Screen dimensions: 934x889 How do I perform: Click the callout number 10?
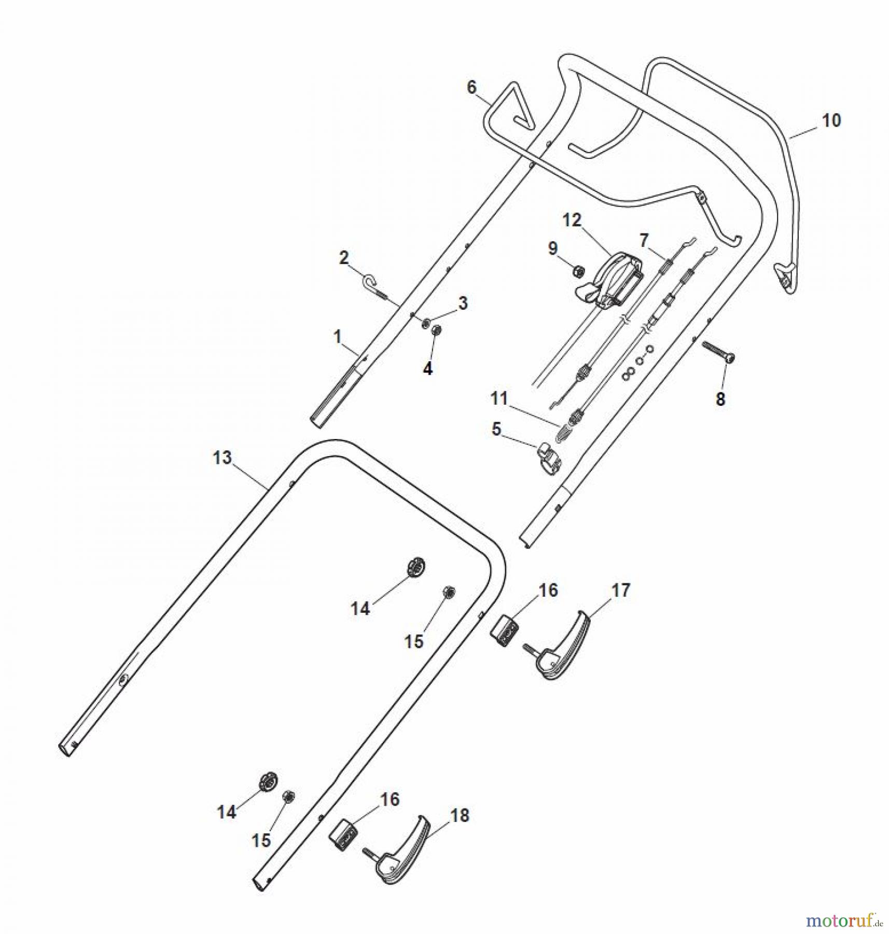(831, 120)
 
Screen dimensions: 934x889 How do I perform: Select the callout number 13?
(222, 458)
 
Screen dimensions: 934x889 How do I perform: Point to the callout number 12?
(572, 220)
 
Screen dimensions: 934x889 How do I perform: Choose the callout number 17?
(620, 590)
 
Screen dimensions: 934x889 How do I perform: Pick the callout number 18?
(460, 815)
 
